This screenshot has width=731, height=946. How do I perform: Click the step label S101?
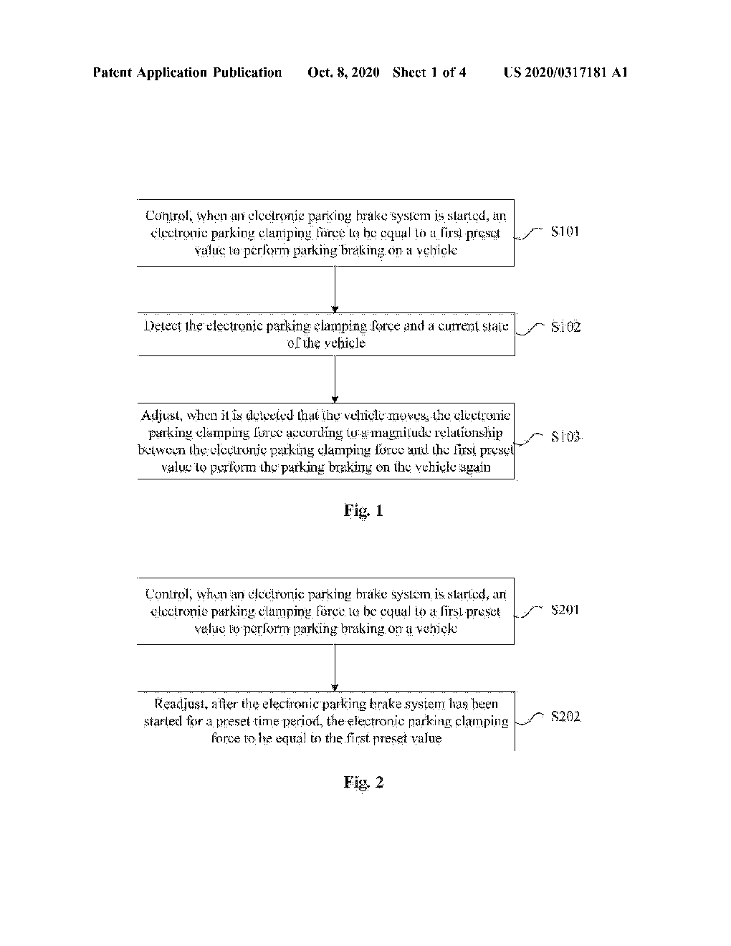[565, 231]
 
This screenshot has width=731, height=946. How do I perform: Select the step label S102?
[565, 328]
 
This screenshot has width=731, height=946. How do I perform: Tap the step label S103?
[565, 436]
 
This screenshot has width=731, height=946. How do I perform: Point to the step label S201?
[565, 610]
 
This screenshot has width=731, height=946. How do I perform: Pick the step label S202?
[565, 717]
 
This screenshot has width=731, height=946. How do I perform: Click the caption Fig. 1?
[363, 510]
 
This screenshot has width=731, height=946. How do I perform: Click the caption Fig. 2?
[363, 782]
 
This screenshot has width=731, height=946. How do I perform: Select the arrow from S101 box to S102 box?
[335, 290]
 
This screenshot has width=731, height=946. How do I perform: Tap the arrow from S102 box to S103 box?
[335, 379]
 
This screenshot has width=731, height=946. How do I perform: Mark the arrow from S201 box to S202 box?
[335, 668]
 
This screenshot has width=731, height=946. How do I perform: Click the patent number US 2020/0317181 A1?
[565, 72]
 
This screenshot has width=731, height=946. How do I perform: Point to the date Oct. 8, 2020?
[343, 72]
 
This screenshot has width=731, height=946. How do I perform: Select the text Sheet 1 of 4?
[429, 72]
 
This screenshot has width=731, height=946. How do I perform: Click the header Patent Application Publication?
[188, 72]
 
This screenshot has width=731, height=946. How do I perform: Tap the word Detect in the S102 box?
[163, 326]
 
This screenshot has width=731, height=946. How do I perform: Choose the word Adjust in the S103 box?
[160, 416]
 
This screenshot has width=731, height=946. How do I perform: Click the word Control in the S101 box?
[168, 216]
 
